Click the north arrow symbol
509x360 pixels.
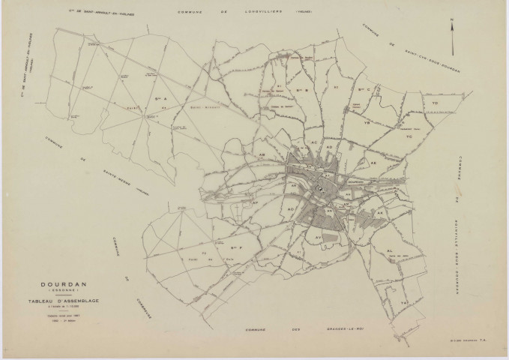point(451,28)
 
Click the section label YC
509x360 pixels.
point(409,137)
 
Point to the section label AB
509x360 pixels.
point(263,154)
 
